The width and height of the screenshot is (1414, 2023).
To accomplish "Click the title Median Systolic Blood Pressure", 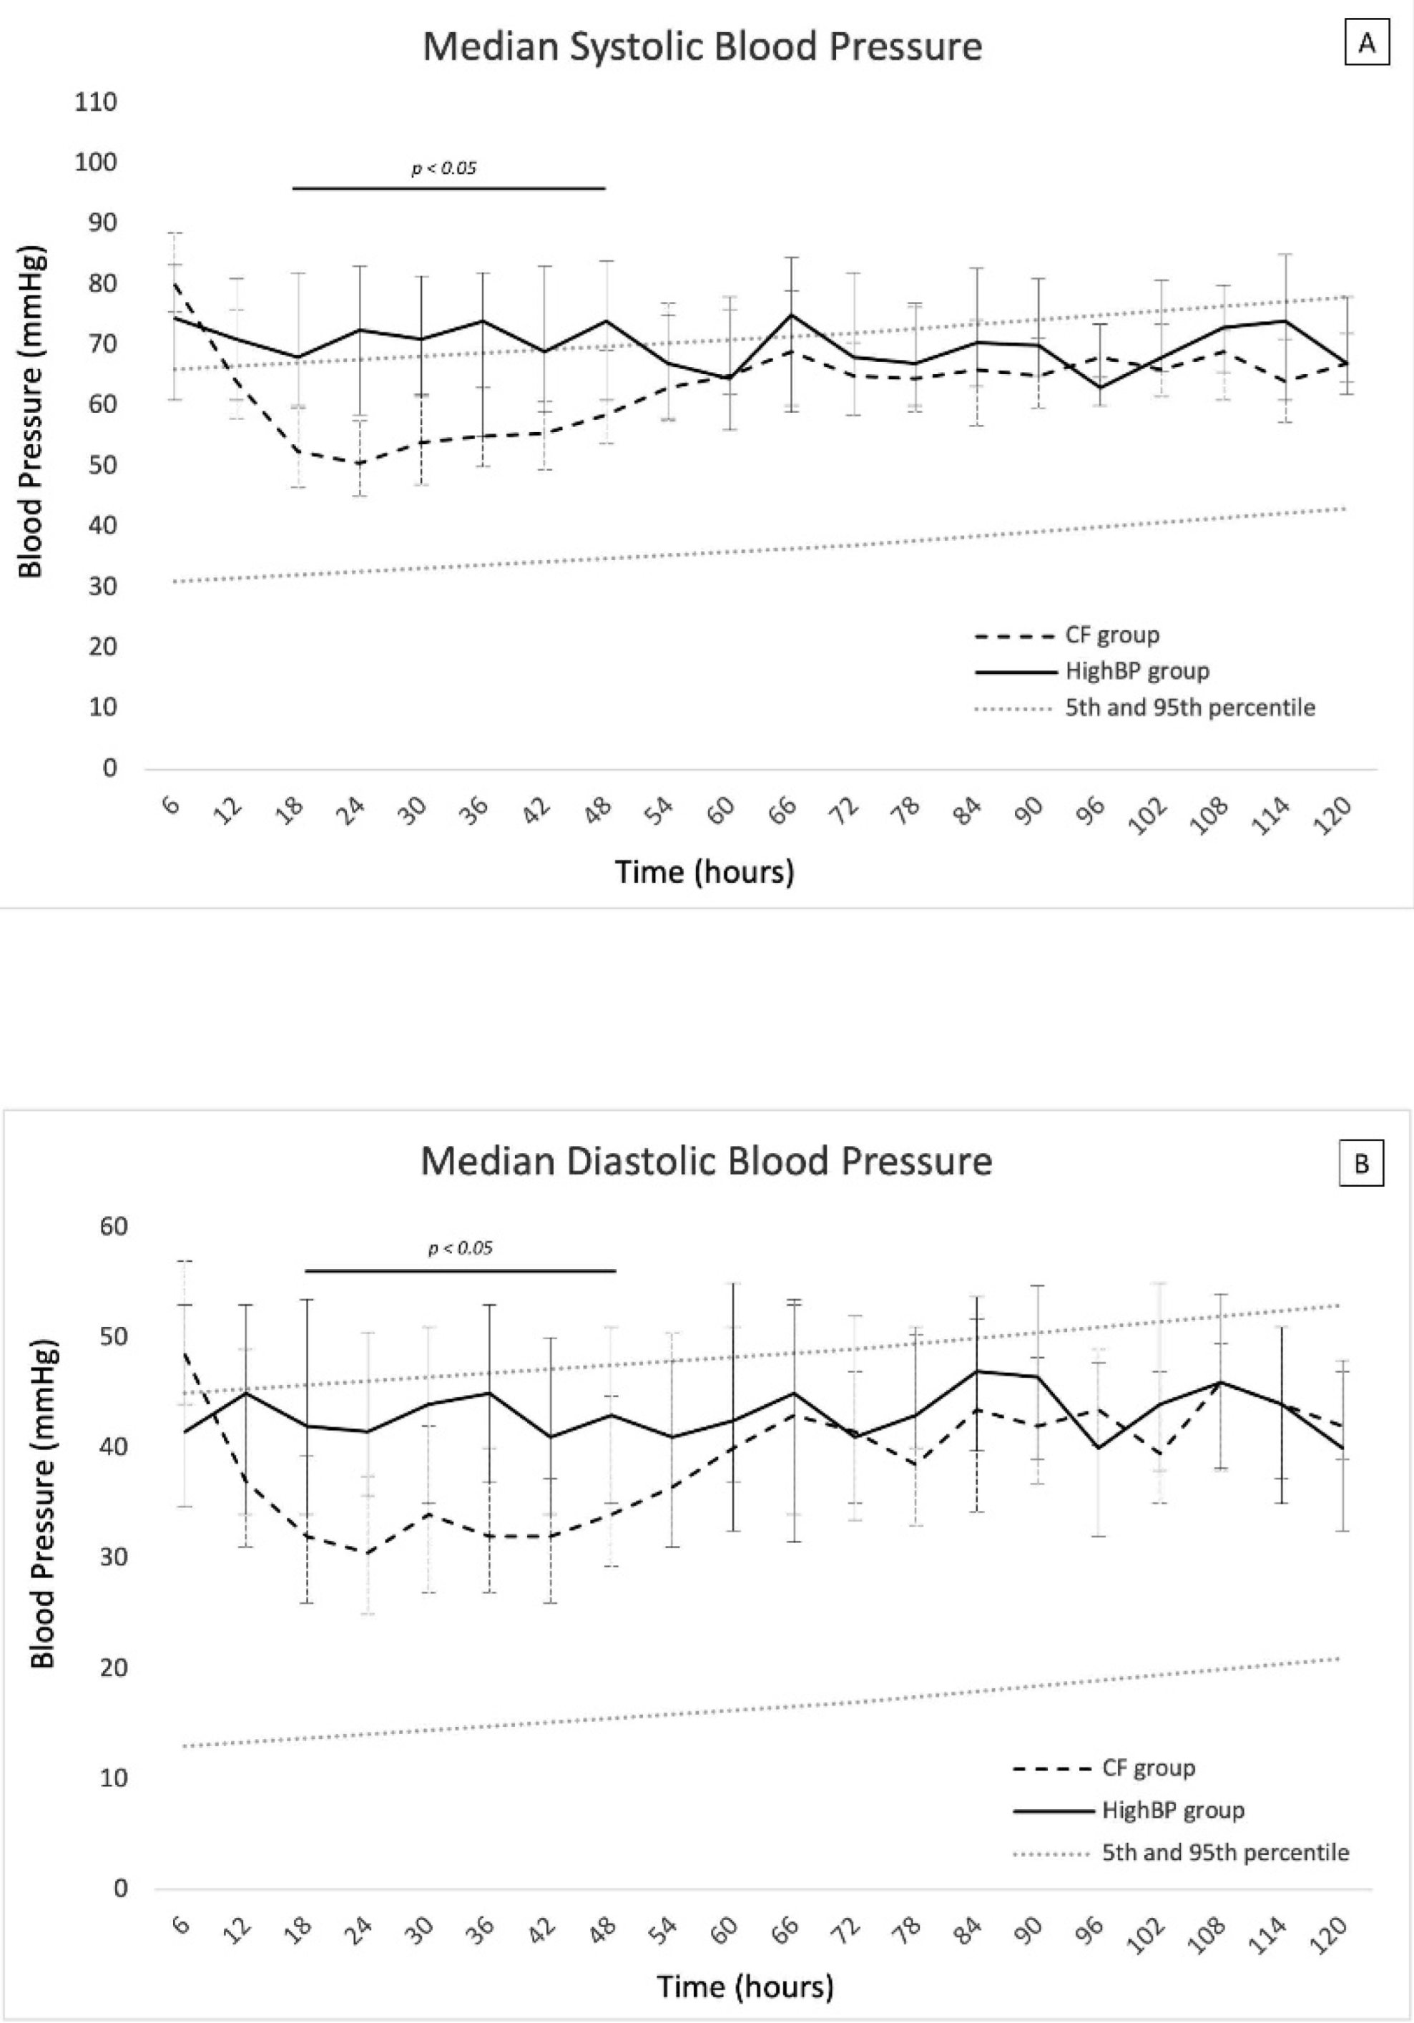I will [x=702, y=46].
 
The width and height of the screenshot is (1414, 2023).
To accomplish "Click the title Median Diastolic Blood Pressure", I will [x=706, y=1160].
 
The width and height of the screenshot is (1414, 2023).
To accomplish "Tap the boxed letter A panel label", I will [x=1366, y=43].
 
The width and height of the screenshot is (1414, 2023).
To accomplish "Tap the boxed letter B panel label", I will [x=1361, y=1164].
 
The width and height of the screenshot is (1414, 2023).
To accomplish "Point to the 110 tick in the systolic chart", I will [x=96, y=102].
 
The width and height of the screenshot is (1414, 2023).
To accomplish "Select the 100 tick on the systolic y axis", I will [x=96, y=162].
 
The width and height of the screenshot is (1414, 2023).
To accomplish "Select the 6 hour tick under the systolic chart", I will [x=172, y=805].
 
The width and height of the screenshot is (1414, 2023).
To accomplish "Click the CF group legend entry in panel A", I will [x=1112, y=635].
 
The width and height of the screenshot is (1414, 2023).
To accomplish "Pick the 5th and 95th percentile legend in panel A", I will [x=1189, y=707].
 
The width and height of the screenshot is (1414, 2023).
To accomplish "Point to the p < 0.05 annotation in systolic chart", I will [x=444, y=167].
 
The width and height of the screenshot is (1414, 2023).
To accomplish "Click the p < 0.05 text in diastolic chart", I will [x=460, y=1248].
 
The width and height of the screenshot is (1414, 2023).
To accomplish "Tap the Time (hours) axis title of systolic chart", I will [x=704, y=871].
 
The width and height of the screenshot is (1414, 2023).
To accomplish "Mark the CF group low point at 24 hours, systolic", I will [x=360, y=463].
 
